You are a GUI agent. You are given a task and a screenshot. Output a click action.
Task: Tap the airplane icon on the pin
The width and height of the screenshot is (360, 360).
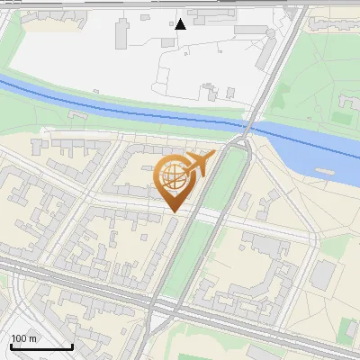(196, 164)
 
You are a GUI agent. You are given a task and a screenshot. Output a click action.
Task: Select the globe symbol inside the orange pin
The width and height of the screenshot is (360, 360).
(173, 175)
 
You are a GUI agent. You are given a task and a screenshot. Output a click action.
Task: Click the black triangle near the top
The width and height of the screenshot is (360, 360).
(181, 24)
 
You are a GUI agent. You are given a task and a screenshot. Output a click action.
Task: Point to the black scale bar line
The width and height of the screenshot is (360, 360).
(41, 346)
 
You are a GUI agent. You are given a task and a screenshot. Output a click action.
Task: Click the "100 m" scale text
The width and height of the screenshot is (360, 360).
(24, 338)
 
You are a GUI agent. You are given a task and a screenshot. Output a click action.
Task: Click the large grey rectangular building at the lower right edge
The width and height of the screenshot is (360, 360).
(322, 275)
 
